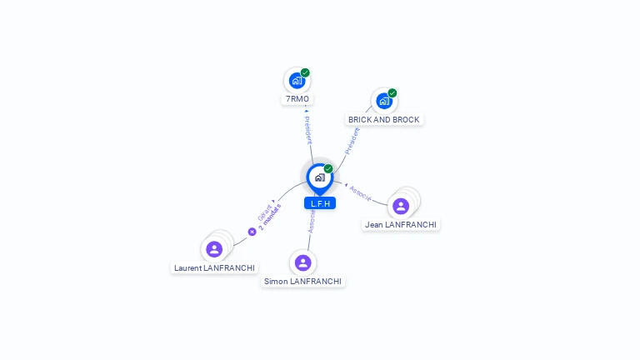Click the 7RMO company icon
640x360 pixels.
click(296, 81)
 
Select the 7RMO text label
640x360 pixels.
click(297, 99)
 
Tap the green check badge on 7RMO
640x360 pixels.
click(305, 72)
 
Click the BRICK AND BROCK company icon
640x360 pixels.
click(383, 101)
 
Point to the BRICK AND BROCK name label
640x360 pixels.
click(384, 120)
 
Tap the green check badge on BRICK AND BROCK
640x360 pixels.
click(392, 92)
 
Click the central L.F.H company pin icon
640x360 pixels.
click(319, 177)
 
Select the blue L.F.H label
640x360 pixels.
click(320, 203)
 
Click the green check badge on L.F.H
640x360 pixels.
click(328, 168)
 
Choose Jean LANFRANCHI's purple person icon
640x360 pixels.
click(401, 206)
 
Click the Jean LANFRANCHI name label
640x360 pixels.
click(401, 224)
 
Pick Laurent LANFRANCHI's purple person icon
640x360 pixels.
click(214, 248)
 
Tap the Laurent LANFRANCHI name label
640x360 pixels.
click(214, 267)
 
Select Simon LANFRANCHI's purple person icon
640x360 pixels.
click(302, 262)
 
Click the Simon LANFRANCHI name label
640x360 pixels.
click(302, 282)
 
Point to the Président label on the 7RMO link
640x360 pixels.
click(307, 129)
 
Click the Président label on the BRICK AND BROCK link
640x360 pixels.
click(352, 140)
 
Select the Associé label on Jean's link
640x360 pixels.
click(360, 192)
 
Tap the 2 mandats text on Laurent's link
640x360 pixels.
click(270, 215)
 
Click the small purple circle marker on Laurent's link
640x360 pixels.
click(252, 232)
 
